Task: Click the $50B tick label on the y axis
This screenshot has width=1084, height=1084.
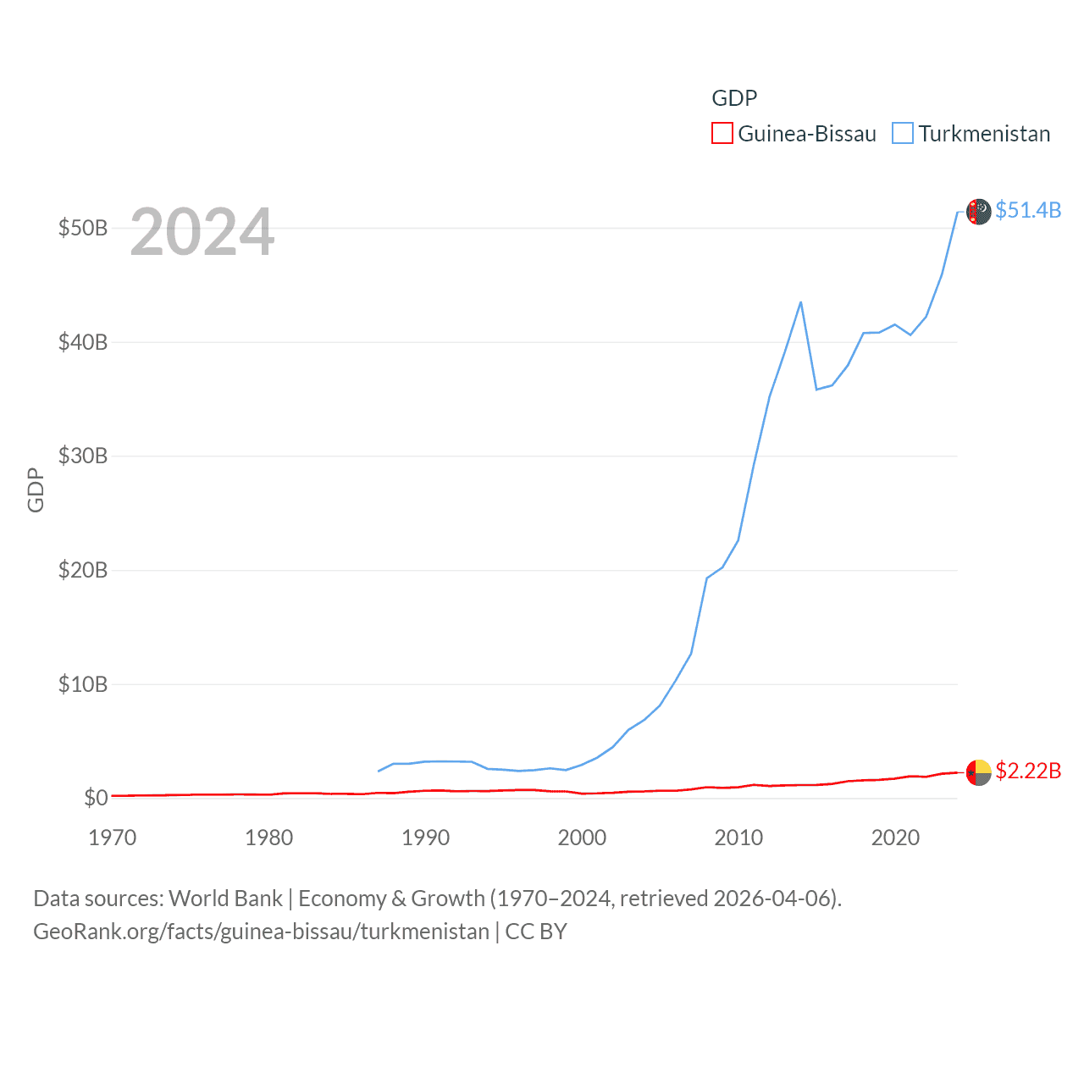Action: click(x=82, y=228)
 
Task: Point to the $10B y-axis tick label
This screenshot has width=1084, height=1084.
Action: click(x=82, y=684)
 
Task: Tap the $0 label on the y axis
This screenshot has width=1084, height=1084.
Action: click(x=96, y=798)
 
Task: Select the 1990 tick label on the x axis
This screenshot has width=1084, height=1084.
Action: click(x=425, y=838)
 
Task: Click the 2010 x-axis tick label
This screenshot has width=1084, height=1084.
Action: click(x=738, y=838)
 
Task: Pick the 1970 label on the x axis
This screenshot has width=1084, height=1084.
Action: click(x=113, y=838)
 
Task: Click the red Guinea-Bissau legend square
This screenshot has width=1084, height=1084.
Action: click(x=722, y=134)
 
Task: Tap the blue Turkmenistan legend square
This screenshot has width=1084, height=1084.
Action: click(x=903, y=134)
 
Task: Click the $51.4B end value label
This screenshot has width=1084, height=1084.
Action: click(x=1028, y=210)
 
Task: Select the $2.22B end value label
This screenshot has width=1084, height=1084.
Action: click(x=1028, y=771)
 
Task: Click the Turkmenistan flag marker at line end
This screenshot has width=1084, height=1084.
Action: click(x=978, y=212)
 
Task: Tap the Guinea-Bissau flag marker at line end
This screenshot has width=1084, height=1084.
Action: click(x=978, y=772)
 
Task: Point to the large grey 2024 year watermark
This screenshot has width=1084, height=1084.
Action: click(x=202, y=232)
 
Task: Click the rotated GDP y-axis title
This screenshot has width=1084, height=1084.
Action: click(x=36, y=489)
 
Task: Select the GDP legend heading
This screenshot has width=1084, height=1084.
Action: click(x=734, y=98)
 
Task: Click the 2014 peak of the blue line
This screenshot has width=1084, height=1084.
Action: click(x=800, y=302)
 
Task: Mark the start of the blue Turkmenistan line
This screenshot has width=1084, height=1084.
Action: click(x=379, y=771)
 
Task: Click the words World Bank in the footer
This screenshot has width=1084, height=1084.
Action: click(x=225, y=898)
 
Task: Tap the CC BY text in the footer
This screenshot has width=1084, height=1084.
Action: click(x=536, y=932)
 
